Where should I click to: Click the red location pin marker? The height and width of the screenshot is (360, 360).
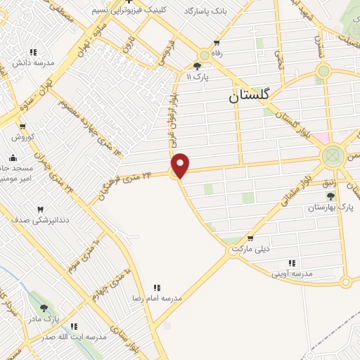tap(181, 165)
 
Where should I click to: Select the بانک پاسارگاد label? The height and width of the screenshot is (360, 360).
tap(209, 13)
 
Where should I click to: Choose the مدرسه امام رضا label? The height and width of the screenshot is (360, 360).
tap(158, 298)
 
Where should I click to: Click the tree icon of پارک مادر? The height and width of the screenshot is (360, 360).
tap(44, 308)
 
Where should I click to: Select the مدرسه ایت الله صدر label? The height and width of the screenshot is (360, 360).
tap(74, 337)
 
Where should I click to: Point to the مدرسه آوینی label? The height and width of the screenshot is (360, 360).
tap(290, 273)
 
